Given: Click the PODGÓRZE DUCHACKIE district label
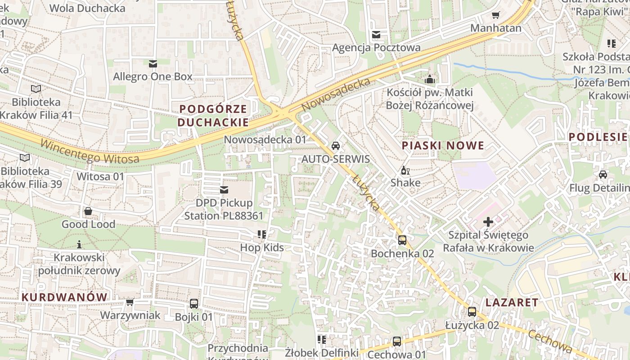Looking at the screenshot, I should (213, 116).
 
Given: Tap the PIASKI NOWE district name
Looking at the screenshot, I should (443, 145).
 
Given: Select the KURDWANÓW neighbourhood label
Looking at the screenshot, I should (64, 297).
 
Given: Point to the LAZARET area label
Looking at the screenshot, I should (512, 302).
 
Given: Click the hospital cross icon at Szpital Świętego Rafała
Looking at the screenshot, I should (488, 221).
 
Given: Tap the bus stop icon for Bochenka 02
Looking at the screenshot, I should (402, 240).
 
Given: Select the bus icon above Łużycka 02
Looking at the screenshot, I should (472, 311).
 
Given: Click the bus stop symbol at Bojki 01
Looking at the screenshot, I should (194, 304).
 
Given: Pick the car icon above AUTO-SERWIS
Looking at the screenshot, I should (335, 145).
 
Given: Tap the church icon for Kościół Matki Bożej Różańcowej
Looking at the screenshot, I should (430, 80).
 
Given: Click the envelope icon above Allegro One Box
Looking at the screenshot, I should (153, 63).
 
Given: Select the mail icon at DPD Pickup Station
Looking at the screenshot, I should (224, 190).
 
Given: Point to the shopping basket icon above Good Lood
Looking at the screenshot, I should (88, 211).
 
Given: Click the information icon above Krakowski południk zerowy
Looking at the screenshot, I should (79, 244).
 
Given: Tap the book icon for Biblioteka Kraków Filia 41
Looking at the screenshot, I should (36, 89).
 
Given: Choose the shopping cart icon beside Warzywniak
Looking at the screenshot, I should (130, 302).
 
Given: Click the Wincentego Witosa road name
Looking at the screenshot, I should (90, 152).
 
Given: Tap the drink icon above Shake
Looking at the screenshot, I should (405, 170).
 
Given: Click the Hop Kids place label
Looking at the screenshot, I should (262, 247).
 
